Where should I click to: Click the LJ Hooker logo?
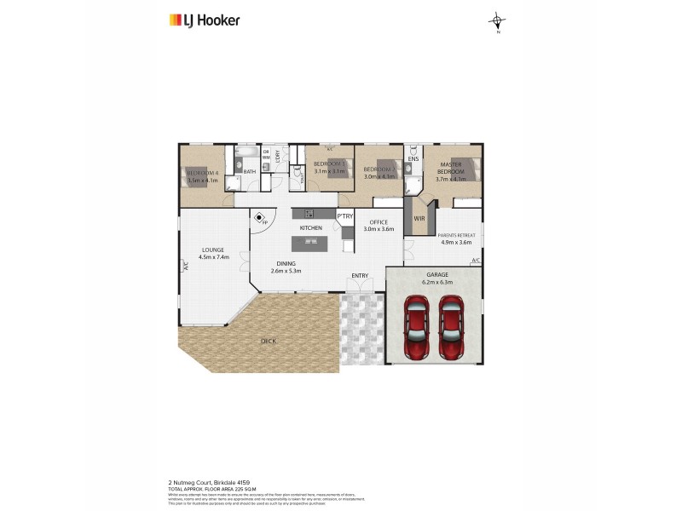pyautogui.click(x=205, y=20)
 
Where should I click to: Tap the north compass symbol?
pyautogui.click(x=497, y=22)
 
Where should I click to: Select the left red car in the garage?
pyautogui.click(x=417, y=327)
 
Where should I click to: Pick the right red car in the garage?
pyautogui.click(x=451, y=327)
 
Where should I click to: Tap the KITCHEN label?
pyautogui.click(x=310, y=229)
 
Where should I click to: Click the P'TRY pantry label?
pyautogui.click(x=345, y=216)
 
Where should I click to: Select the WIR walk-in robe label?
pyautogui.click(x=419, y=218)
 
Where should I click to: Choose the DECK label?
pyautogui.click(x=269, y=342)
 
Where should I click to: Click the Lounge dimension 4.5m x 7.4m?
pyautogui.click(x=212, y=256)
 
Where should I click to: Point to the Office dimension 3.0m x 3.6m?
pyautogui.click(x=378, y=229)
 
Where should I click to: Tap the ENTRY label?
pyautogui.click(x=360, y=275)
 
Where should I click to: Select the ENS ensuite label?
pyautogui.click(x=413, y=159)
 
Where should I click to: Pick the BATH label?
pyautogui.click(x=250, y=172)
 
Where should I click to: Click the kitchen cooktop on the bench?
pyautogui.click(x=309, y=213)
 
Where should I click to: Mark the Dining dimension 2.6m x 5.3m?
pyautogui.click(x=286, y=271)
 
